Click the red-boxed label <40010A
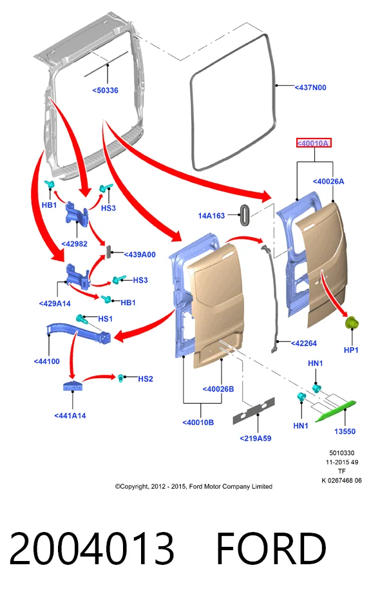coord(314,143)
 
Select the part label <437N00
coord(310,88)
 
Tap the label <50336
coord(105,90)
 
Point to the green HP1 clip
coord(352,323)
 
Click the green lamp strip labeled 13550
coord(335,410)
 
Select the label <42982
coord(74,243)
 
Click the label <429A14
coord(55,303)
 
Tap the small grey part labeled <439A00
coord(109,252)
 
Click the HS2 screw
coord(121,378)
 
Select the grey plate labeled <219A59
coord(254,411)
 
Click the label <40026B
coord(218,389)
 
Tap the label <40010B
coord(198,422)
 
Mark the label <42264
coord(304,343)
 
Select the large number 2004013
coord(91,548)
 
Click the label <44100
coord(46,361)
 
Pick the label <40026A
coord(328,181)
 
